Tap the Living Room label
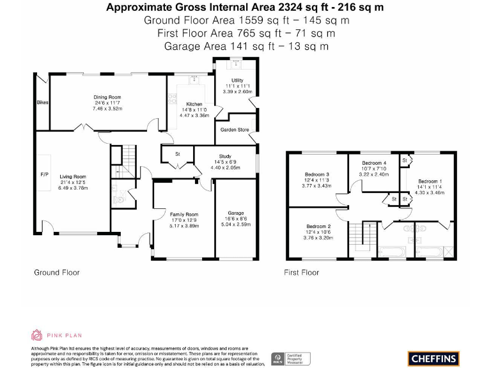[x=73, y=177]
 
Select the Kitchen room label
[x=194, y=104]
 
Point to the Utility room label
[x=237, y=80]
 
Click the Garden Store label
[x=235, y=130]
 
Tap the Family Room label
[x=183, y=215]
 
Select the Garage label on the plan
[x=236, y=213]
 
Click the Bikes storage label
[x=42, y=102]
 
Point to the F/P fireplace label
[x=44, y=174]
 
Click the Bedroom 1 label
[x=429, y=181]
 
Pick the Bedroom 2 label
[x=318, y=227]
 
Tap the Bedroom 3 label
[x=318, y=174]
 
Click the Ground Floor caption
[x=57, y=272]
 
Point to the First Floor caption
[x=301, y=272]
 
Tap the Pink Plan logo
[x=57, y=335]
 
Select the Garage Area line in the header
[x=246, y=46]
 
